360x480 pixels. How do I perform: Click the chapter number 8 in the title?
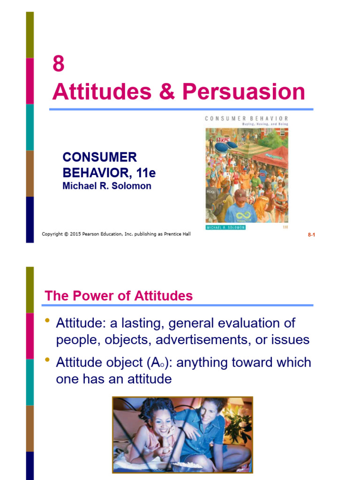[x=58, y=64]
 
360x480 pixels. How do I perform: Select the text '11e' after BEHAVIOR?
[x=146, y=173]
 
